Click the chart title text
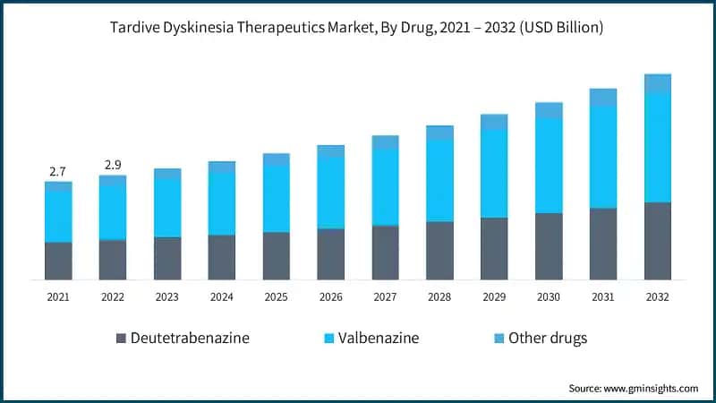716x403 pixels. (358, 28)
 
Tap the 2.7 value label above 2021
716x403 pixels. (58, 170)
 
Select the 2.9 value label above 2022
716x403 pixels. (113, 165)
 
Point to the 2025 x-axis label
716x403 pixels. (276, 296)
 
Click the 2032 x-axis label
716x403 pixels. (657, 296)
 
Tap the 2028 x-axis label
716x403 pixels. (439, 296)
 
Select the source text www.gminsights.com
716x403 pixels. (633, 388)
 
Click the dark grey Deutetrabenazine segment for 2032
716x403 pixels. (657, 241)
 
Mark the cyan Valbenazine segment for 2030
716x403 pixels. (549, 166)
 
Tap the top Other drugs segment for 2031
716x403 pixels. (603, 98)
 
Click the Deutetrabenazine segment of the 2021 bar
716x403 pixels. (58, 261)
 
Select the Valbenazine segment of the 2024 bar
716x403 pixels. (222, 204)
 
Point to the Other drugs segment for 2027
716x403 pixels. (385, 142)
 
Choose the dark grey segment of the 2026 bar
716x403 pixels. (330, 254)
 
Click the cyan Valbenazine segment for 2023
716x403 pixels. (167, 208)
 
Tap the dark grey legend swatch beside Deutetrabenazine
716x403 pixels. (121, 339)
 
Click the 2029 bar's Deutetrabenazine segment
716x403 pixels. (494, 248)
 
